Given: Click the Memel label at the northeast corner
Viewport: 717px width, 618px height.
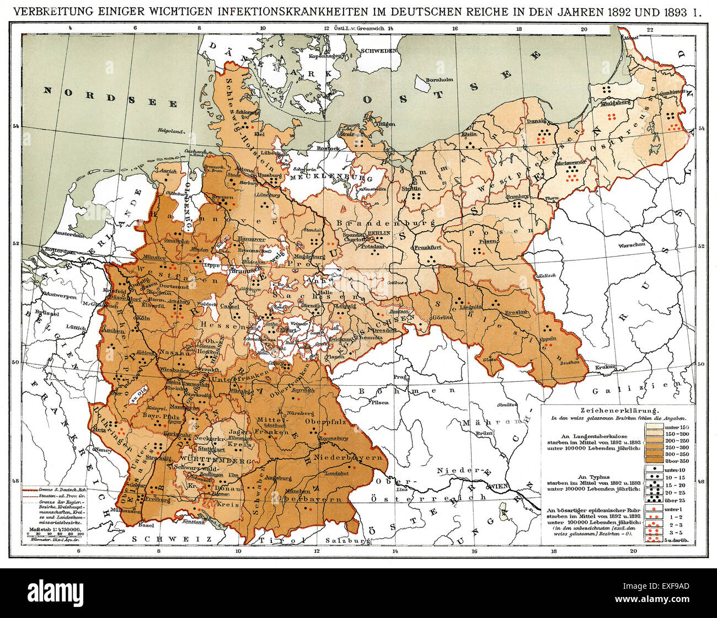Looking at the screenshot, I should [630, 38].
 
